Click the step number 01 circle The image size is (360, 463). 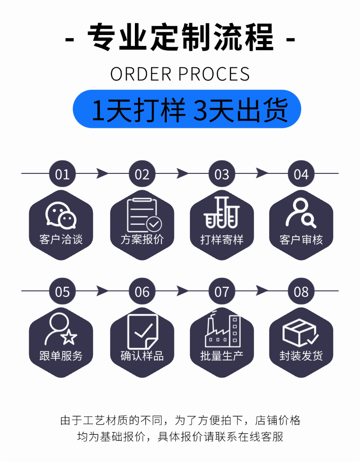pyautogui.click(x=62, y=174)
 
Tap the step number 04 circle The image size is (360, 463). pyautogui.click(x=301, y=174)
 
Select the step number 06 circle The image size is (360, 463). pyautogui.click(x=142, y=291)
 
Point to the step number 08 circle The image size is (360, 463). pyautogui.click(x=301, y=291)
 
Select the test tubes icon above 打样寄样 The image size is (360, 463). pyautogui.click(x=221, y=213)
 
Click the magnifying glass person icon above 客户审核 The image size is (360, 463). pyautogui.click(x=301, y=213)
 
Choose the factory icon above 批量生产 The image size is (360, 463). pyautogui.click(x=221, y=330)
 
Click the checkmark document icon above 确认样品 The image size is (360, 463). pyautogui.click(x=142, y=331)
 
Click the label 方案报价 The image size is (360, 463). pyautogui.click(x=142, y=240)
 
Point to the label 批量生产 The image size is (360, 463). pyautogui.click(x=221, y=356)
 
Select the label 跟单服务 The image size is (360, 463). pyautogui.click(x=61, y=356)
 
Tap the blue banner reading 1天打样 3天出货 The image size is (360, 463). pyautogui.click(x=187, y=109)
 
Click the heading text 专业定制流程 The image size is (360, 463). pyautogui.click(x=180, y=37)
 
